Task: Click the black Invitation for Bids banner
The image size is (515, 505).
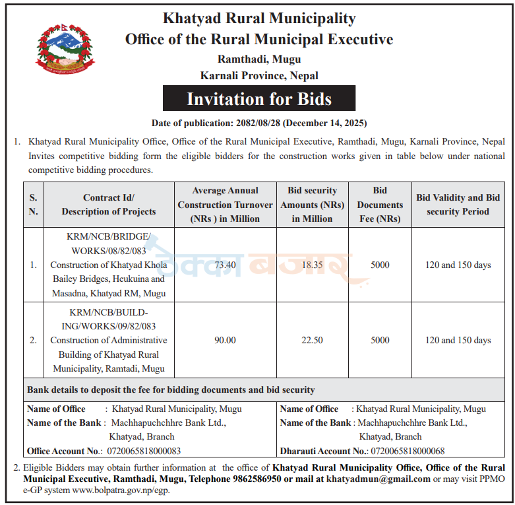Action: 259,99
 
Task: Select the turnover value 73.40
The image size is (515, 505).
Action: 226,265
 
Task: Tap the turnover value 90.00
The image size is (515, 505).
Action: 226,341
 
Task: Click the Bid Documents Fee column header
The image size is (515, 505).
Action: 380,205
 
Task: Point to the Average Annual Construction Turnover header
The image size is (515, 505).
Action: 226,205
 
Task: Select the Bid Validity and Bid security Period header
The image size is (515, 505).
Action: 458,205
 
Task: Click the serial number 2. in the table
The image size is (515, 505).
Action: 33,341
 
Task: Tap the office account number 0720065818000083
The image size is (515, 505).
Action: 144,452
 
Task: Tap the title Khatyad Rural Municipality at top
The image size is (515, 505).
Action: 259,18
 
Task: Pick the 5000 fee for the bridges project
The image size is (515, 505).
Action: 380,265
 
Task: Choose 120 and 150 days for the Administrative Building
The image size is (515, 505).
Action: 458,341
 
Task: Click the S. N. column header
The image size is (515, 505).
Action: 33,205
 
